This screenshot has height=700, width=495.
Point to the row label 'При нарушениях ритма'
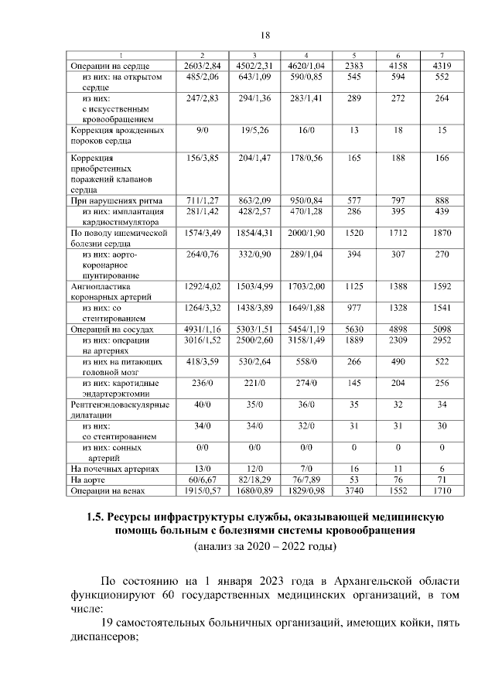111,200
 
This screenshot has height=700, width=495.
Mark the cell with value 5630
353,330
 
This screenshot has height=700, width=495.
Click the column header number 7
442,55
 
